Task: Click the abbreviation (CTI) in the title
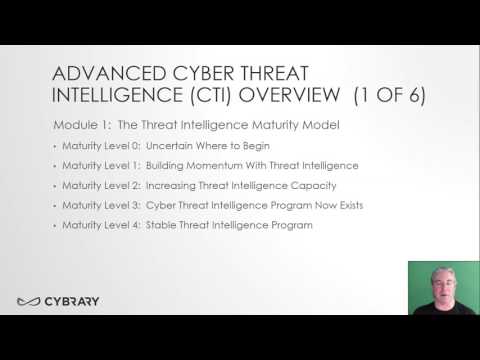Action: pyautogui.click(x=199, y=96)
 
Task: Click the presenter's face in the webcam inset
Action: pyautogui.click(x=440, y=283)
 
